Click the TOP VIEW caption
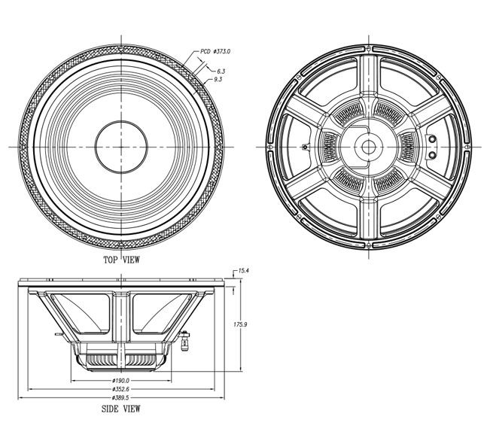click(122, 260)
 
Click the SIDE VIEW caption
click(121, 409)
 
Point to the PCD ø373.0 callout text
click(215, 51)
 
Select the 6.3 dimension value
click(221, 71)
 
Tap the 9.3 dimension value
click(218, 79)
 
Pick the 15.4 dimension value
click(243, 271)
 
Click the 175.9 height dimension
click(240, 324)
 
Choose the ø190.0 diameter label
click(120, 381)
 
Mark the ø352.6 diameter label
click(120, 389)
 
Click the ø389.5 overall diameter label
click(120, 397)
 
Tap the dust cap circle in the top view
click(121, 121)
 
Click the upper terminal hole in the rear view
click(432, 138)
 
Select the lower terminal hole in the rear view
click(432, 154)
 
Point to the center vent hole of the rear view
click(369, 147)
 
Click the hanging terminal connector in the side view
click(185, 342)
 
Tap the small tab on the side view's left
click(59, 334)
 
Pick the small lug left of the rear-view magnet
click(306, 147)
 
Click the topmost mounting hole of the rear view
click(369, 48)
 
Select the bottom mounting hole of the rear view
click(369, 245)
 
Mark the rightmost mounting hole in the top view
click(221, 147)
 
